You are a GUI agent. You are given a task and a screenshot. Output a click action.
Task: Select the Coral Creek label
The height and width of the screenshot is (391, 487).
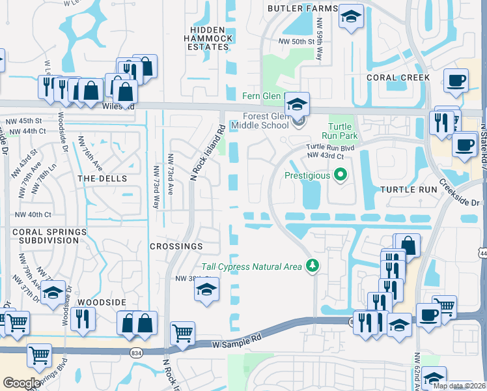398,78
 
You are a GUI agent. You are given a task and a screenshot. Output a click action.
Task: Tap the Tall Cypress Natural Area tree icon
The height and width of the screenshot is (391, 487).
314,266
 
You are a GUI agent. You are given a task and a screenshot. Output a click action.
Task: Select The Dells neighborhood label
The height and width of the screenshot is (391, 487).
102,178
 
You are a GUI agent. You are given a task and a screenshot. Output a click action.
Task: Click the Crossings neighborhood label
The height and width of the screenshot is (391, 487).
176,246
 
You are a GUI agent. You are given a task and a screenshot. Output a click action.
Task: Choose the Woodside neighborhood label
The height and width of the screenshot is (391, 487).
101,303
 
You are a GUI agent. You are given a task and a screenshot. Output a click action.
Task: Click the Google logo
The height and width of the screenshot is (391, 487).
21,383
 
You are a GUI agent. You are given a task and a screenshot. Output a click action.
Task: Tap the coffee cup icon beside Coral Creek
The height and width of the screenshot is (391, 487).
456,80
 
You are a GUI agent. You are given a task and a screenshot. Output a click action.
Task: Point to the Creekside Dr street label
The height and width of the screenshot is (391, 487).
461,193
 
